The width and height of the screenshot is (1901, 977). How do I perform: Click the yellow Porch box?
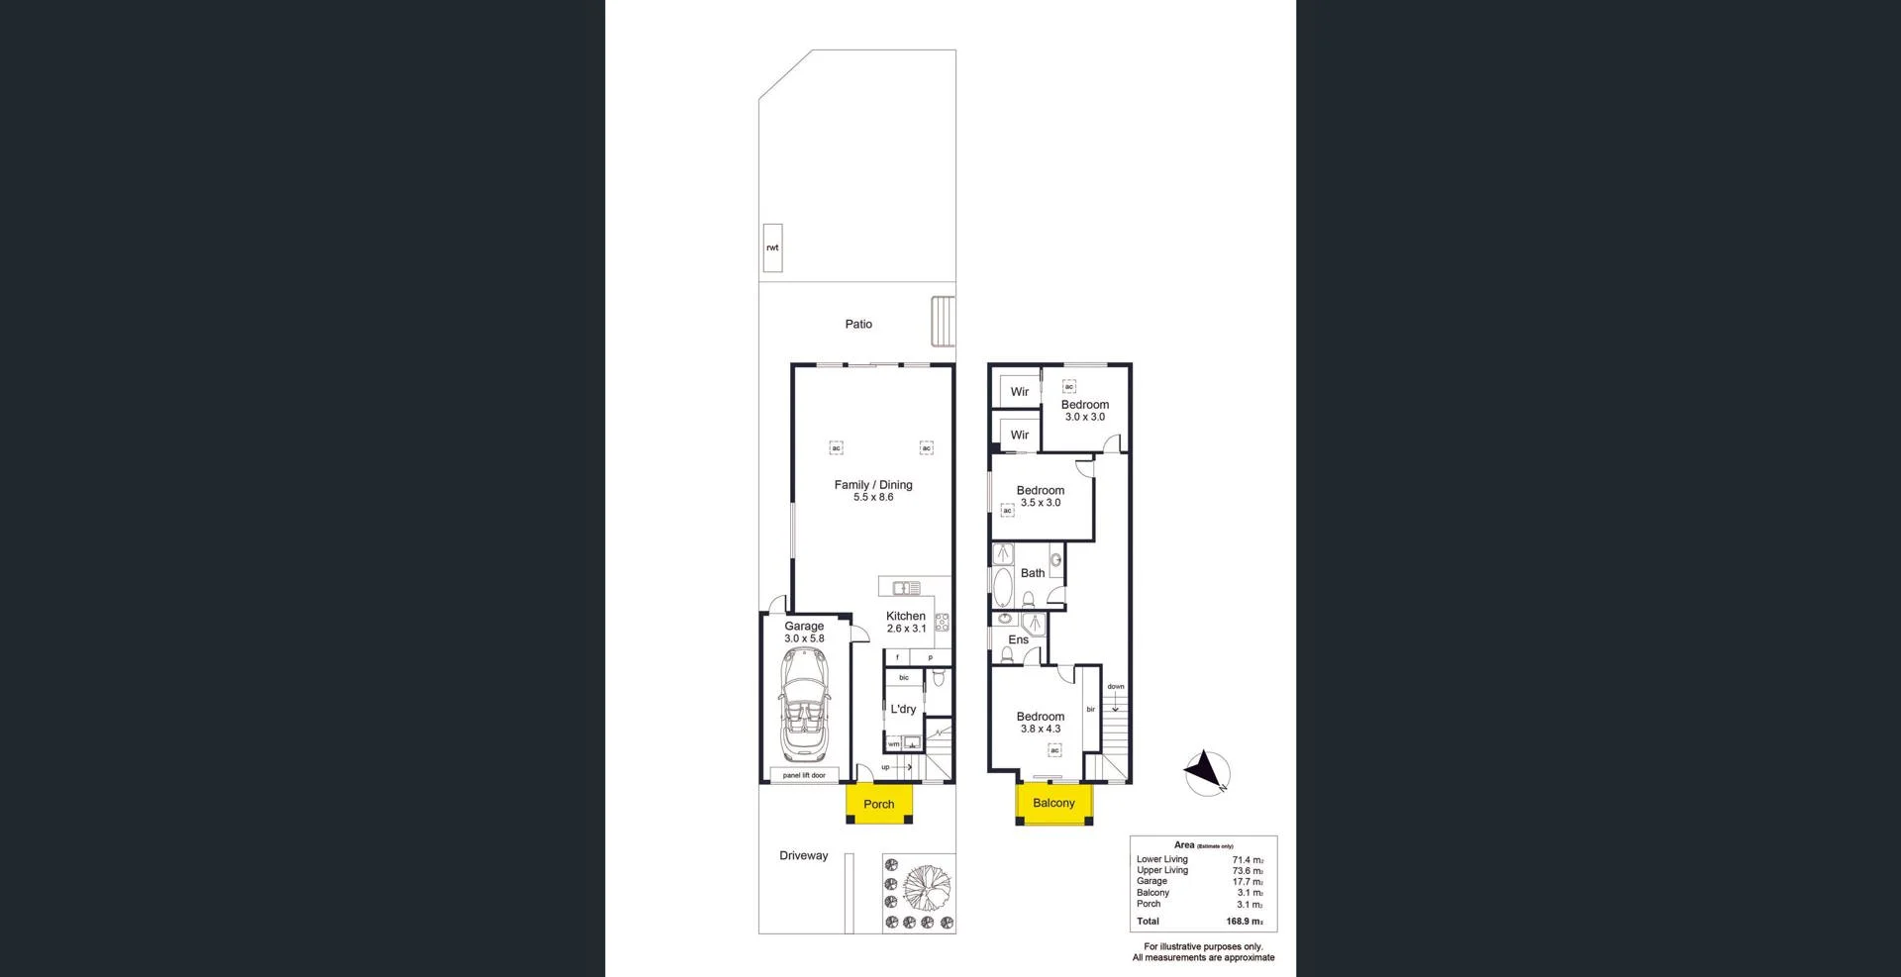tap(878, 804)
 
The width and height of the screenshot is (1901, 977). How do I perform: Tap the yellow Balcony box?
tap(1053, 803)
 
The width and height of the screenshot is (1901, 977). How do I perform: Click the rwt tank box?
tap(772, 247)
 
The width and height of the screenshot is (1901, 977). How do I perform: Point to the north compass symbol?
tap(1207, 773)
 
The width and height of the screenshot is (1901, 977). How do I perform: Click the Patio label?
tap(858, 324)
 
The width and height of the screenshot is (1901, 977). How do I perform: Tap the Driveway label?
tap(803, 855)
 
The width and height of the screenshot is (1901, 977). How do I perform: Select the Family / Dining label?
tap(873, 485)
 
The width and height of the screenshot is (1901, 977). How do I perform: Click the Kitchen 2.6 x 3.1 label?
tap(906, 622)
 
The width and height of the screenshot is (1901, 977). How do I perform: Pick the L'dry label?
tap(903, 709)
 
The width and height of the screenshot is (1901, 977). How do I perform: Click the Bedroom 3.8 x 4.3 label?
tap(1041, 723)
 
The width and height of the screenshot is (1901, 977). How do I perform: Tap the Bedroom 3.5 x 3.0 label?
tap(1041, 496)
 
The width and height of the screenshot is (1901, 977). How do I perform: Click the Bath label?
tap(1033, 573)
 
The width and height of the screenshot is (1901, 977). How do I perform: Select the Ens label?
tap(1018, 639)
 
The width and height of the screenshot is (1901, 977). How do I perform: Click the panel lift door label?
tap(804, 775)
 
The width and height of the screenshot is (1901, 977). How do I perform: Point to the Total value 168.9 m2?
tap(1245, 921)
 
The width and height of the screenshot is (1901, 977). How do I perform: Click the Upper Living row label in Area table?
tap(1162, 870)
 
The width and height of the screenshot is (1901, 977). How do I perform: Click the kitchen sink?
tap(906, 588)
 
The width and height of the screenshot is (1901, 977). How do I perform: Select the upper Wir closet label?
tap(1020, 392)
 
